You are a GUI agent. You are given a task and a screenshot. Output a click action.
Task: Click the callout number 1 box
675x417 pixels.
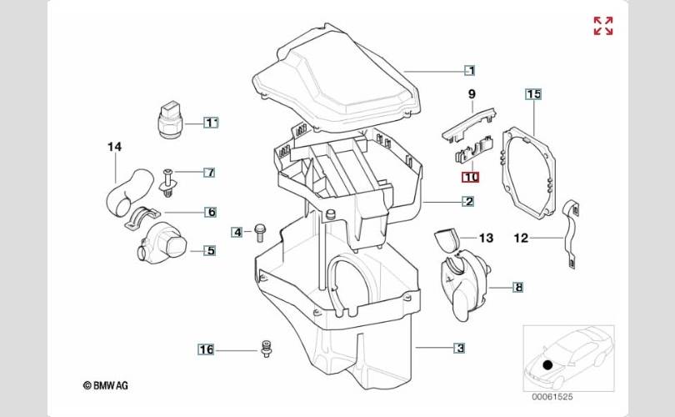470,71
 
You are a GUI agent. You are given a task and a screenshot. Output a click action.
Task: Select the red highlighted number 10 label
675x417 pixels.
471,177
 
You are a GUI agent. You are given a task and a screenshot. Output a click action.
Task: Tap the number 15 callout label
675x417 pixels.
533,94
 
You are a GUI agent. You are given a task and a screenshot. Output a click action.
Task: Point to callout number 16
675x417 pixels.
206,349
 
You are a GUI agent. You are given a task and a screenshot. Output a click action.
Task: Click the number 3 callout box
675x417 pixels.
460,348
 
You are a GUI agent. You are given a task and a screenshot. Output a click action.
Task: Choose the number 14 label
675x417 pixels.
114,147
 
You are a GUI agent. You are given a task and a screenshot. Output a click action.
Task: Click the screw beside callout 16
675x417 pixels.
267,349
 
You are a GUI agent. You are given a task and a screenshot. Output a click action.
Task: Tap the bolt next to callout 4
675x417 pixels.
260,233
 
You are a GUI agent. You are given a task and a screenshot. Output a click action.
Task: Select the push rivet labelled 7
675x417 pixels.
168,183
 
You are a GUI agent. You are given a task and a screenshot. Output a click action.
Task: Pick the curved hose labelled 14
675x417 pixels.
128,192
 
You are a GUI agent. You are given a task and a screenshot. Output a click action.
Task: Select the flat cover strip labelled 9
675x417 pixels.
468,124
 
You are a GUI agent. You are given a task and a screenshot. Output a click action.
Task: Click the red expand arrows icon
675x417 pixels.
603,26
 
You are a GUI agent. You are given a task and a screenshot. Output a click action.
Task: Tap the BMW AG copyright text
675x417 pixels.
106,385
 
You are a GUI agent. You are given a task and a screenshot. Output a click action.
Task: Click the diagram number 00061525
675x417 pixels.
552,397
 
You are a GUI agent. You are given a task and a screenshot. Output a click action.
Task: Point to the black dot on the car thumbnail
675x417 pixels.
547,365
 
